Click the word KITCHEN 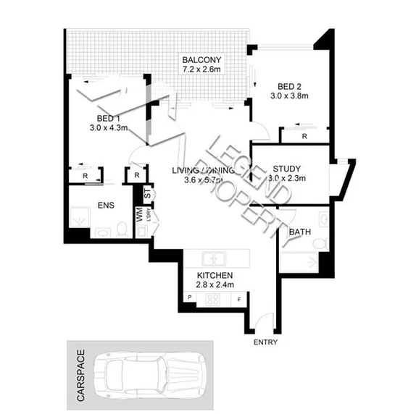[x=215, y=276]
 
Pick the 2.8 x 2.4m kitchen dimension [x=215, y=286]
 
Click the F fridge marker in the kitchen [x=239, y=297]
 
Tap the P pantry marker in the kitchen [x=190, y=297]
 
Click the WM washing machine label [x=138, y=214]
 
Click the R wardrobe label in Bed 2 [x=304, y=136]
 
